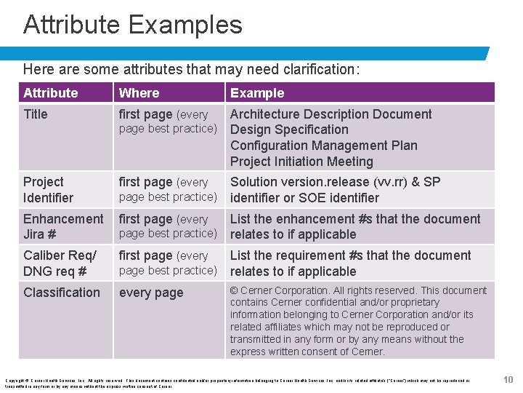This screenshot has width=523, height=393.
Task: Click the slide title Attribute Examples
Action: coord(132,25)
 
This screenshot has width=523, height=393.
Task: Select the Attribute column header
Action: coord(50,92)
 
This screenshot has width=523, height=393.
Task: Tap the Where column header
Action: coord(139,92)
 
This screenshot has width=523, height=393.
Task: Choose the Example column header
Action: coord(257,92)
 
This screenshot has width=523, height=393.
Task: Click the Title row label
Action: coord(35,114)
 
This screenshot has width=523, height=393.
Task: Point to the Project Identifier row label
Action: coord(48,189)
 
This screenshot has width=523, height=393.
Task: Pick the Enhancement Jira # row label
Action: coord(63,226)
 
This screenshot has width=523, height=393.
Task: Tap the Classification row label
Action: coord(62,293)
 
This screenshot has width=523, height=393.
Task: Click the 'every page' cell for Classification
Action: coord(150,293)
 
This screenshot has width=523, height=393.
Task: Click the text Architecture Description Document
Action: coord(331,114)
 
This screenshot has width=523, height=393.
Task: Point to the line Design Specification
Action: coord(289,130)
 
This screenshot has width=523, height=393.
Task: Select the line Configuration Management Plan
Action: coord(323,146)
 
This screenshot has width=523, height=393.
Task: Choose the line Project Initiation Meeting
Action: coord(301,162)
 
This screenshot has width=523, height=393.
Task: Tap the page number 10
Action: coord(508,379)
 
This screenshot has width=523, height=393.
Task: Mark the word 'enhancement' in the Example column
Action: coord(300,219)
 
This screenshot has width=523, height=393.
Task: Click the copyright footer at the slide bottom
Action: coord(237,383)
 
